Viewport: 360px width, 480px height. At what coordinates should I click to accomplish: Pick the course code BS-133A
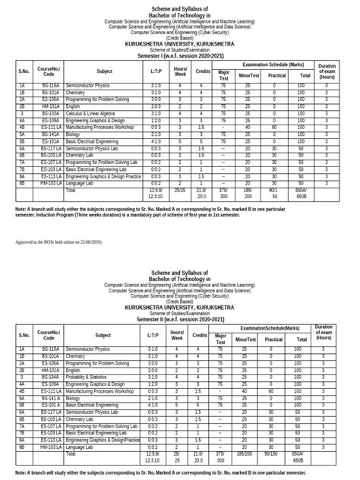click(50, 113)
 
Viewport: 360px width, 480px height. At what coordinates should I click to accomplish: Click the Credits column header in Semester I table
click(202, 71)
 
